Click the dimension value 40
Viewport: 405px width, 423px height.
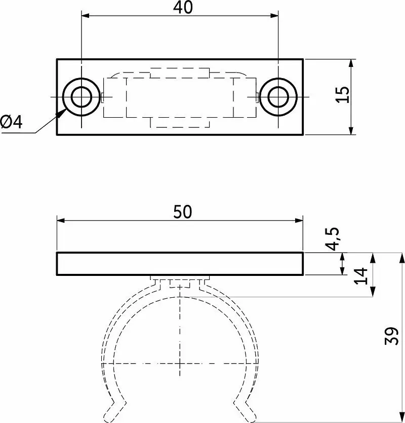tap(183, 7)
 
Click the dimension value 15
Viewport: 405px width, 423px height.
tap(343, 94)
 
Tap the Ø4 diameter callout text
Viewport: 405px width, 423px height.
tap(11, 122)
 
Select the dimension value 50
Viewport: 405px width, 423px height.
tap(183, 211)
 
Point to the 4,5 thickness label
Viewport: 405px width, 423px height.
tap(332, 239)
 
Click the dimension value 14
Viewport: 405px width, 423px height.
tap(361, 276)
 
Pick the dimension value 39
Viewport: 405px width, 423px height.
tap(392, 336)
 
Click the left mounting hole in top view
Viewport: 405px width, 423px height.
tap(82, 97)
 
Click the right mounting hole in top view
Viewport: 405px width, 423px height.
tap(278, 97)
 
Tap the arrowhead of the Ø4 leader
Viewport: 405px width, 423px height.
tap(61, 113)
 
